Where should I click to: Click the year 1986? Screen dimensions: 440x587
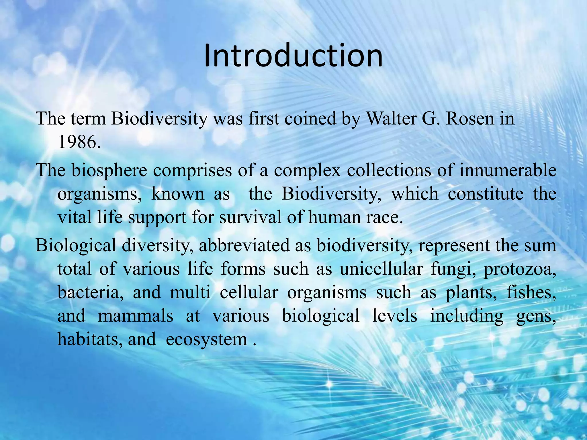(x=79, y=142)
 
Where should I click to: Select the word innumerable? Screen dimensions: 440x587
(x=508, y=170)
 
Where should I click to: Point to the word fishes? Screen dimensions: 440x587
(x=531, y=293)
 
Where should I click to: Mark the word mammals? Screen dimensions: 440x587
(x=135, y=316)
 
